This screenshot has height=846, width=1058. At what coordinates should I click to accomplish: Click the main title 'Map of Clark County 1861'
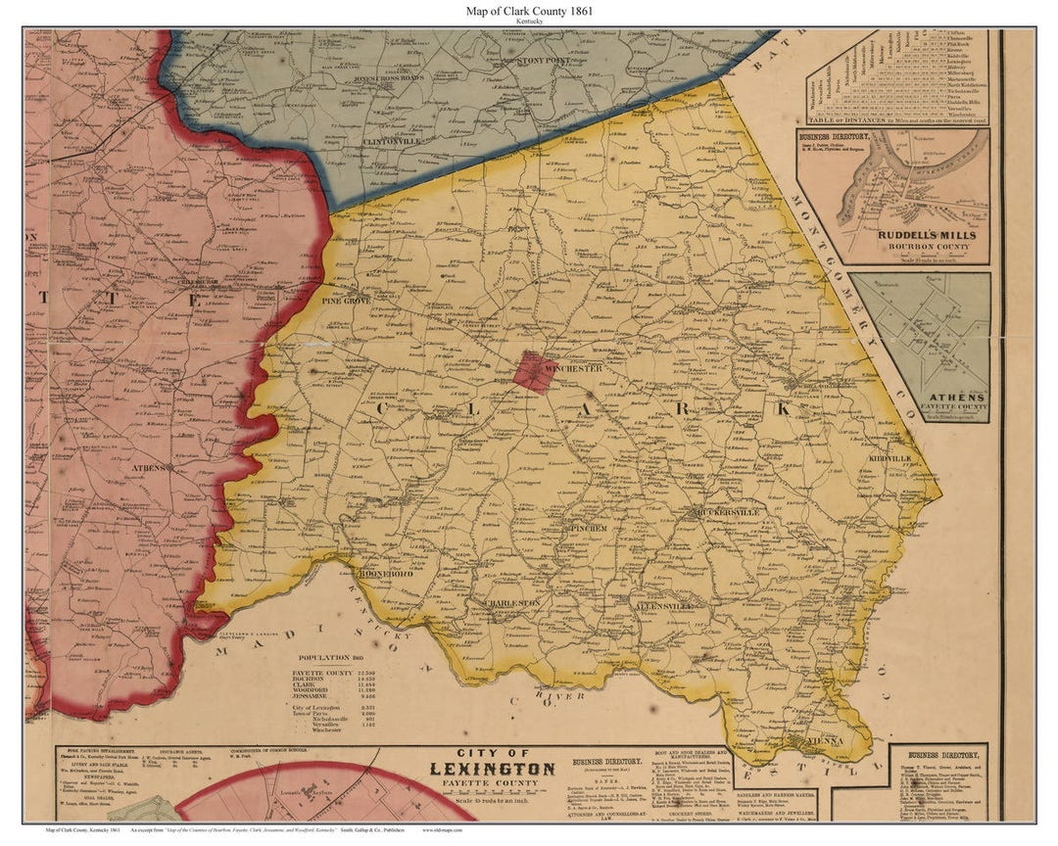click(529, 11)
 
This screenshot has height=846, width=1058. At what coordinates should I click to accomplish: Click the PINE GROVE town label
click(345, 301)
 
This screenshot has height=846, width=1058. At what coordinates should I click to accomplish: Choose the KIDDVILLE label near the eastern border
click(889, 458)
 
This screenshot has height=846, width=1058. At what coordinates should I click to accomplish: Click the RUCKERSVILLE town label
click(726, 512)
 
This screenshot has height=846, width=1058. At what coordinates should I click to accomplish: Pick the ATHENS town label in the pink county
click(149, 467)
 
